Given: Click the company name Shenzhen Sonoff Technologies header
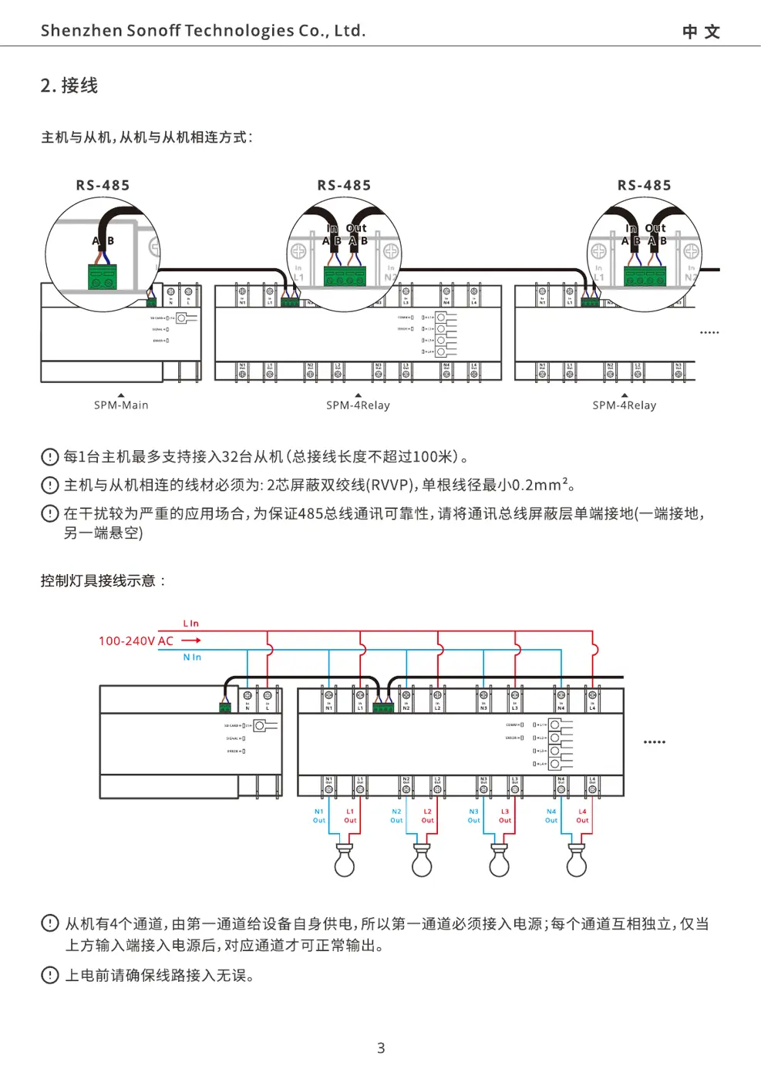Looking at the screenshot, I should click(x=203, y=31).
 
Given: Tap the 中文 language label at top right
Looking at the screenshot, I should click(x=701, y=32).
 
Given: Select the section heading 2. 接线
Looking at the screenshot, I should click(x=69, y=86).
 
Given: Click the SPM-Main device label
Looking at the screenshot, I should click(x=121, y=405).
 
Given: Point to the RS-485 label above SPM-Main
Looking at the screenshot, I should click(x=103, y=186).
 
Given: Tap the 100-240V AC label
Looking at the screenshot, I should click(x=136, y=641).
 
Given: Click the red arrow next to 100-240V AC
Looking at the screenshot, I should click(x=191, y=640).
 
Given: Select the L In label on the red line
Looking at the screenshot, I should click(x=190, y=624).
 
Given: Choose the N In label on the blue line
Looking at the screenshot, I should click(x=192, y=657).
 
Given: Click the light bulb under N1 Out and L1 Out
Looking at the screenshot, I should click(x=345, y=861).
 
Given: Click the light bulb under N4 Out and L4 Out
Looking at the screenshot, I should click(x=577, y=861).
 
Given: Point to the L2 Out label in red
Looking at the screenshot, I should click(x=427, y=816).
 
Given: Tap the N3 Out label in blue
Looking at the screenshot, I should click(x=473, y=816).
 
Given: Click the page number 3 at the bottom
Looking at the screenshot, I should click(x=381, y=1048).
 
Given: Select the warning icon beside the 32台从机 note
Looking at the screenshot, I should click(x=49, y=457).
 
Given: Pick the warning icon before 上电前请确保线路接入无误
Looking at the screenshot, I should click(x=49, y=976).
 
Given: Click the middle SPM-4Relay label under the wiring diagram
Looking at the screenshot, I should click(x=358, y=405).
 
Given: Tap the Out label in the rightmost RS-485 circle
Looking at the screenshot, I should click(x=655, y=228).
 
